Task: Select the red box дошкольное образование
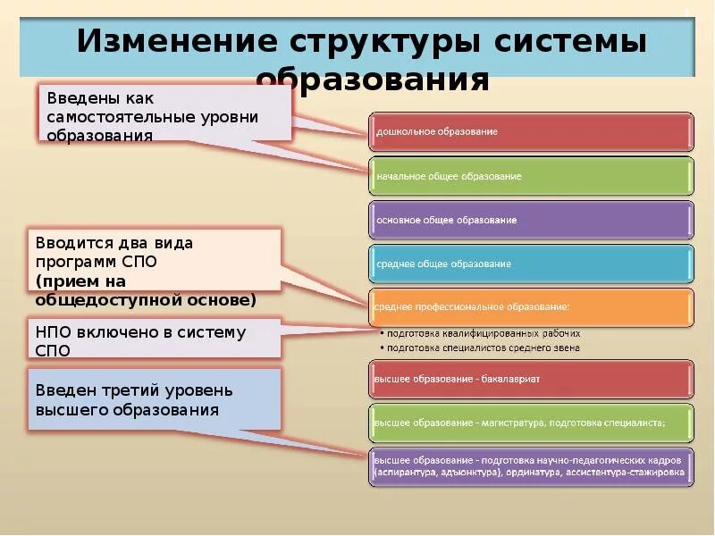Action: click(x=532, y=131)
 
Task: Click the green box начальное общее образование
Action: click(x=532, y=176)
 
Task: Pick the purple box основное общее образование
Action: click(x=532, y=219)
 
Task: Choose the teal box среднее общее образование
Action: click(x=532, y=264)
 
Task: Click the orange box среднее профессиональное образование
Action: click(x=532, y=306)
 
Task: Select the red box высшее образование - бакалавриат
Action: click(x=532, y=379)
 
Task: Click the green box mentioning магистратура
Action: click(x=532, y=423)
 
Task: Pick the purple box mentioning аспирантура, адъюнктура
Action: click(x=532, y=466)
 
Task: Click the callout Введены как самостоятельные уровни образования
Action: click(x=165, y=113)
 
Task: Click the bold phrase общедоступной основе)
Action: click(x=146, y=299)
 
